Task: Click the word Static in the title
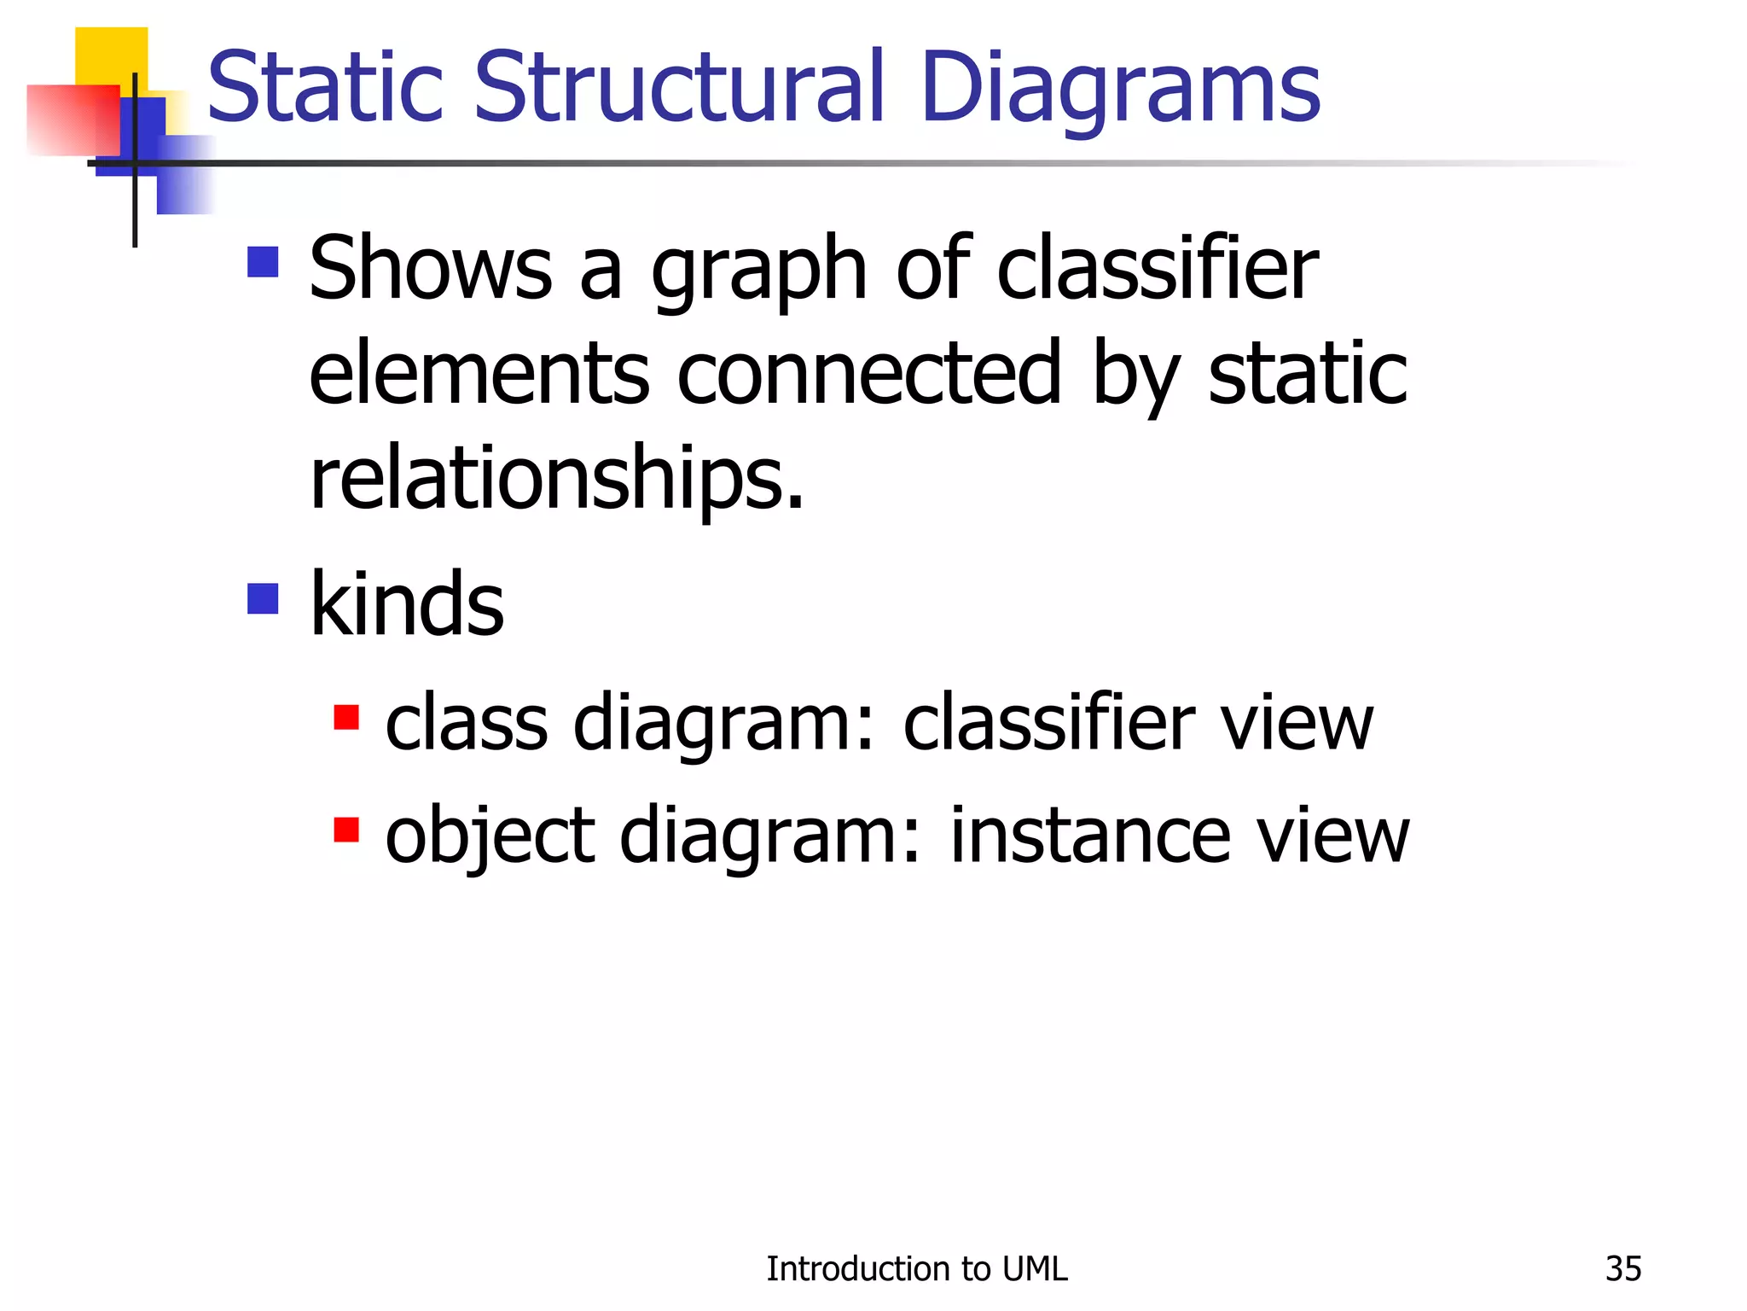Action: [325, 88]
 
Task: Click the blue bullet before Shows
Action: [263, 262]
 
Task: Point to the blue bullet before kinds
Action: [263, 598]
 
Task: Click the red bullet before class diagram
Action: [345, 717]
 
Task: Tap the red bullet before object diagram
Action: [345, 829]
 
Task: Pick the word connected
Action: [869, 374]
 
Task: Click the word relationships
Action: [556, 480]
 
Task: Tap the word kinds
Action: [407, 604]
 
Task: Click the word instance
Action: [1089, 836]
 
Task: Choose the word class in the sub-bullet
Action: [466, 724]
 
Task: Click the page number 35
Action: [1622, 1269]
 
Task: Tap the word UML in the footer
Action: [1035, 1269]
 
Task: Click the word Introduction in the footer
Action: [858, 1269]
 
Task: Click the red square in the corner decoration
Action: [73, 120]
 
